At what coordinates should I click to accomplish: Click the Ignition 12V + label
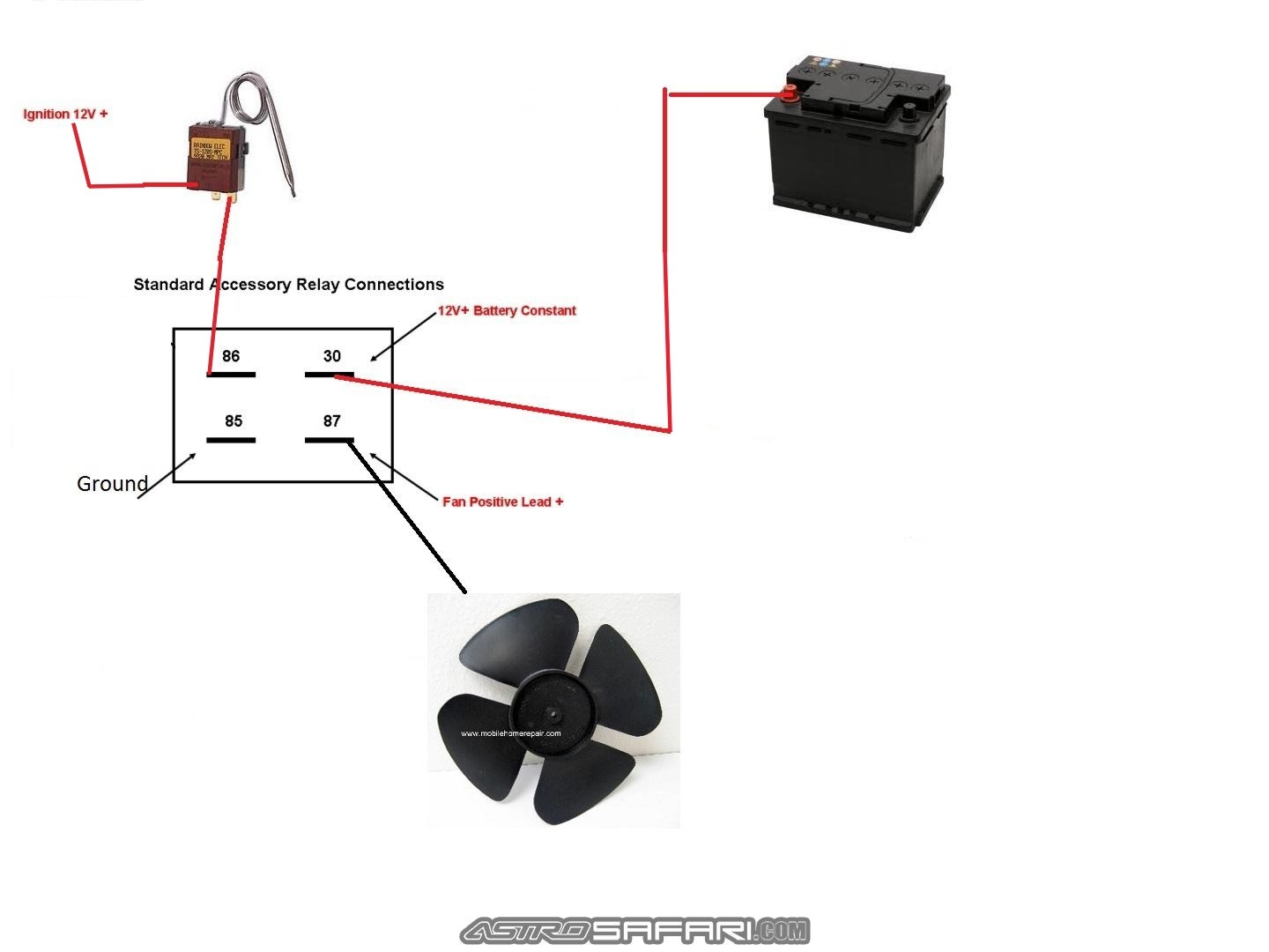point(65,115)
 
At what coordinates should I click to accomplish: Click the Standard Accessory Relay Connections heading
point(288,285)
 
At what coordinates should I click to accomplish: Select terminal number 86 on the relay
point(231,356)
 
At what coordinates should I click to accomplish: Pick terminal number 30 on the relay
point(331,356)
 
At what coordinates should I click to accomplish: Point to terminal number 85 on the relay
point(234,421)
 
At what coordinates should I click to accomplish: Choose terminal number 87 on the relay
point(331,421)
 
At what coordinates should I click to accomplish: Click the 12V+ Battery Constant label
point(507,311)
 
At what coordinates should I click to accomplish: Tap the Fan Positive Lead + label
point(502,502)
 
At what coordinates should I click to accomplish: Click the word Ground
point(112,484)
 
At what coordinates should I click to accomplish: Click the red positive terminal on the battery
point(790,92)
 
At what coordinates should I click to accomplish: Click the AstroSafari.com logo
point(634,931)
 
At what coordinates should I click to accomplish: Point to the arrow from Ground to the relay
point(167,476)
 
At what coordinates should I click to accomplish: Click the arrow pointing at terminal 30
point(404,336)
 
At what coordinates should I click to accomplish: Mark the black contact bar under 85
point(231,440)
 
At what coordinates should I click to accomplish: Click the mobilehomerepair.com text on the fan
point(510,733)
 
